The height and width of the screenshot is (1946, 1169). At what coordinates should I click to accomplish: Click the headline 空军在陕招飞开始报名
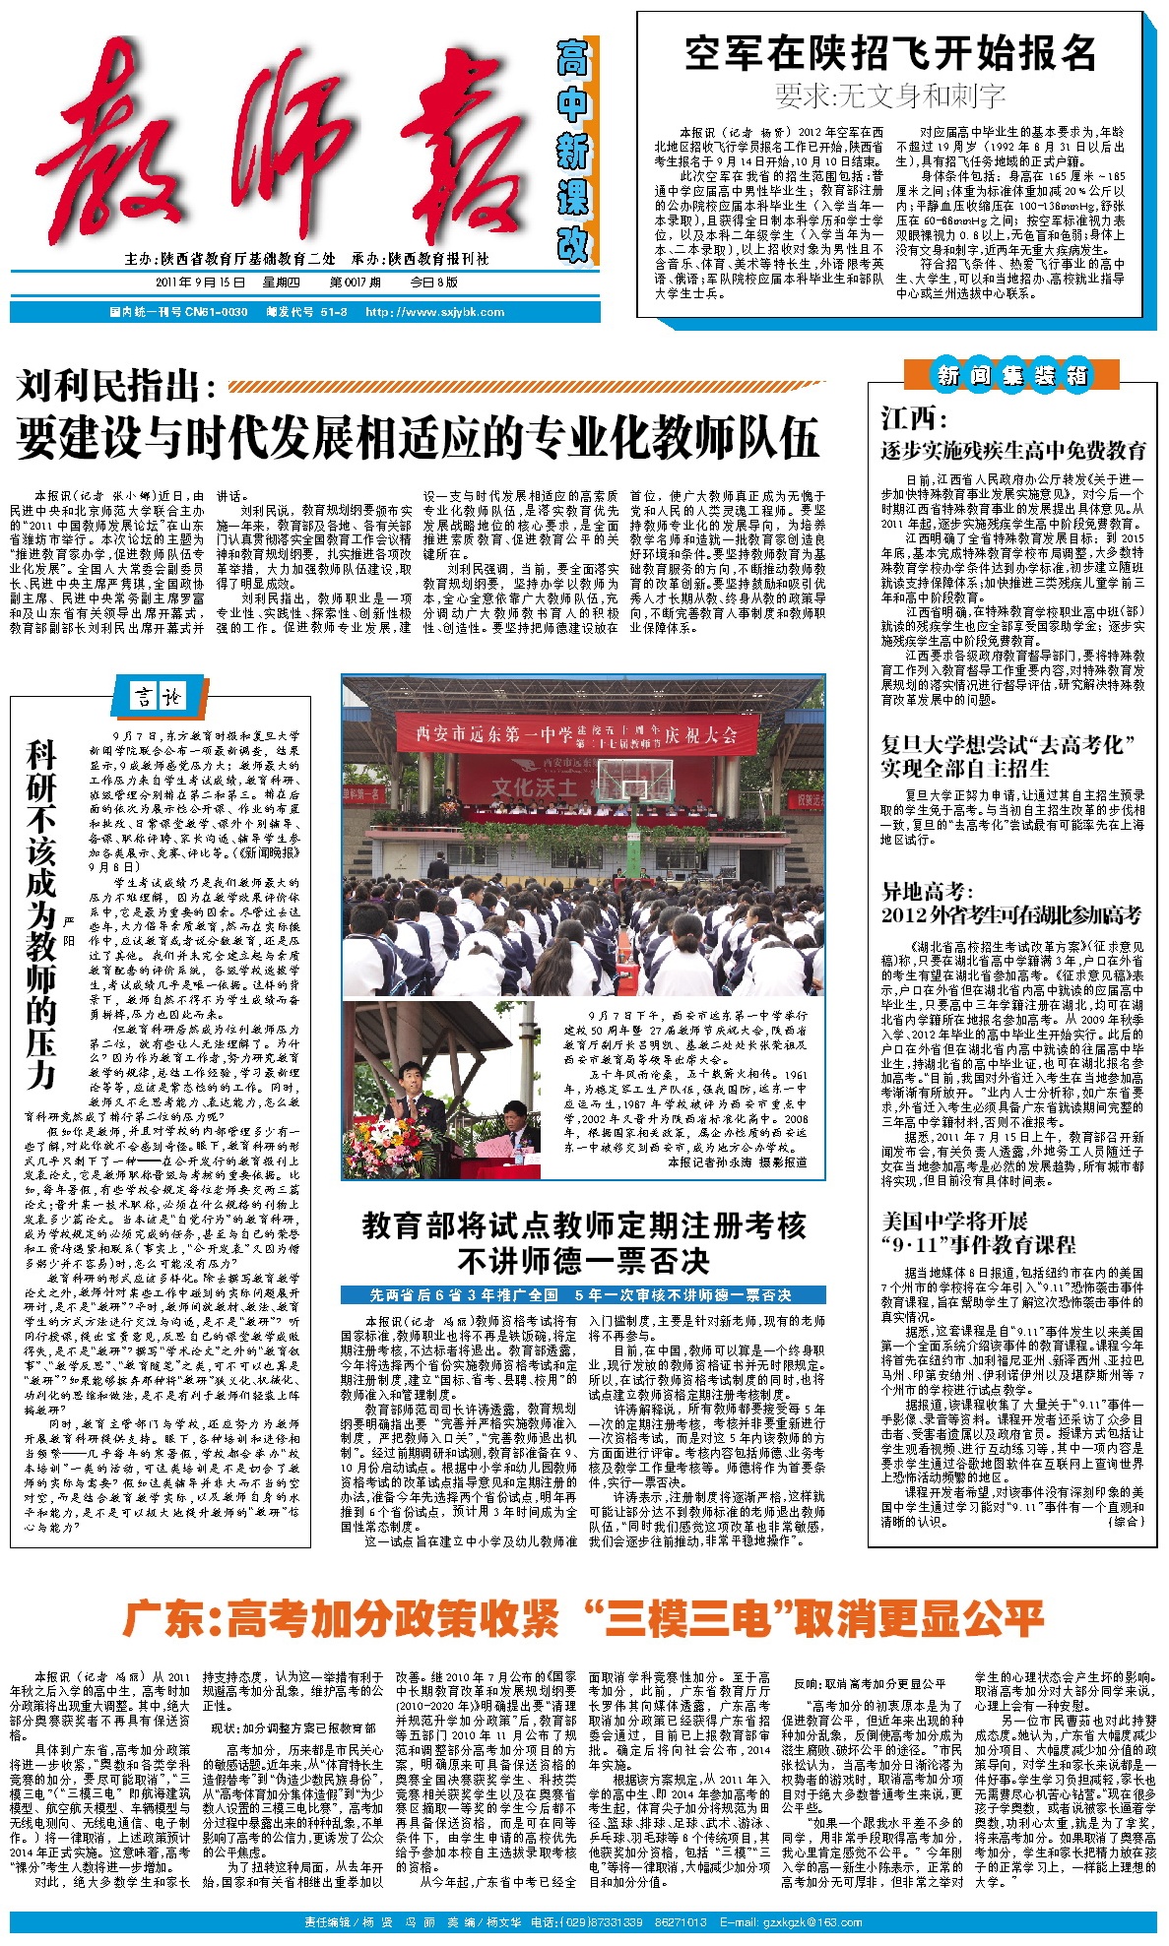890,53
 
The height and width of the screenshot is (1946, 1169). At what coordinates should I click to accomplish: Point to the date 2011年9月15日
200,282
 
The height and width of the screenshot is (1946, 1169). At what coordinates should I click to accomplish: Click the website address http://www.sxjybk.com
434,312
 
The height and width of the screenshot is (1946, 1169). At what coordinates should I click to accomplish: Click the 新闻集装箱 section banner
1011,375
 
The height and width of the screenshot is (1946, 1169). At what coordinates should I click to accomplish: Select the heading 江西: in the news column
913,418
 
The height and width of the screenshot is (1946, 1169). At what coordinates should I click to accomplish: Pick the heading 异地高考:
927,892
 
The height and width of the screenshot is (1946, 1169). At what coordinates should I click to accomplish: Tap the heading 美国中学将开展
954,1222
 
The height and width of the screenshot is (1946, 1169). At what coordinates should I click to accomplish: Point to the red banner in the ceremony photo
577,734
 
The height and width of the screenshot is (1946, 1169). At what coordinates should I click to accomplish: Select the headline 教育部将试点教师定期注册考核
584,1226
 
